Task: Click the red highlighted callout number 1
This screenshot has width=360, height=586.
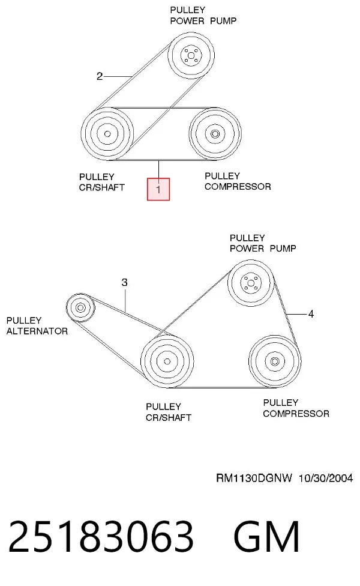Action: click(158, 189)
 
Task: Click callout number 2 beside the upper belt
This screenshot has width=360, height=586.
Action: click(100, 76)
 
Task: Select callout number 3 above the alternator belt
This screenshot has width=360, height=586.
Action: click(124, 283)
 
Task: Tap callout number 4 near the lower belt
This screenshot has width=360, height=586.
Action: click(311, 314)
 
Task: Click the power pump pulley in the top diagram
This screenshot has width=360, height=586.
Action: click(191, 55)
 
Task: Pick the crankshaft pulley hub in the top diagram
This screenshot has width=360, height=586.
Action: click(107, 133)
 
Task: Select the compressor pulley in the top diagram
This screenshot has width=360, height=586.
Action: click(215, 133)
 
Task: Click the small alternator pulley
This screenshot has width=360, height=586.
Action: click(80, 307)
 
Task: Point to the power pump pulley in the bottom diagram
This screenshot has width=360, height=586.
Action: click(251, 283)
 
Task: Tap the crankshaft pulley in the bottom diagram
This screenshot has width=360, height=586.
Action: click(167, 361)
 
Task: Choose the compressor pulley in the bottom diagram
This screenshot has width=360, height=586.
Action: click(275, 361)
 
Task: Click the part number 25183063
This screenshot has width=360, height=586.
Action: click(101, 536)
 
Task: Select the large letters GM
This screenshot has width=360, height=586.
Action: click(266, 536)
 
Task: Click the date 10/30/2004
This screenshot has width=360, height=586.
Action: click(326, 478)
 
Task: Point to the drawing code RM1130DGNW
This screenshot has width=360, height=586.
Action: click(254, 478)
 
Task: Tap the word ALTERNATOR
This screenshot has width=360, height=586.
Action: click(37, 331)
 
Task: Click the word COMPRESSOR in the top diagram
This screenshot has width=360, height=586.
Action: click(238, 187)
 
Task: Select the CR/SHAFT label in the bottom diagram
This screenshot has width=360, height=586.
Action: click(169, 417)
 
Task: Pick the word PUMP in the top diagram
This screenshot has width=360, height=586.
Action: click(223, 21)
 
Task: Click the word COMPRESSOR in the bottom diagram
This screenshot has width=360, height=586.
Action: click(296, 414)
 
